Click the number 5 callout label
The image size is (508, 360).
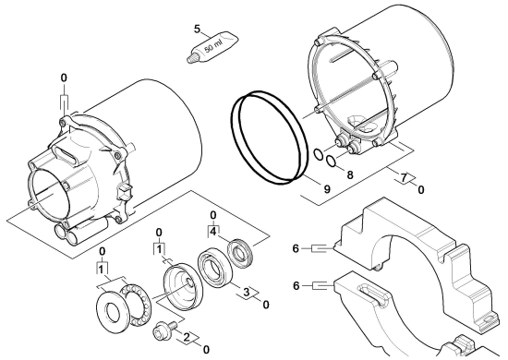(198, 29)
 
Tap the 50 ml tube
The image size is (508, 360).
(212, 47)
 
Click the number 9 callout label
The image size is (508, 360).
(327, 188)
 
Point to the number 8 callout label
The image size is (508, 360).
(350, 174)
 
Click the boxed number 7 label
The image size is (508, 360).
(404, 178)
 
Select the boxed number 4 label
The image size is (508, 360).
(212, 231)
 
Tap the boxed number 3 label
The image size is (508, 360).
(247, 293)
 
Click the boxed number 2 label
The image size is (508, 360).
(187, 337)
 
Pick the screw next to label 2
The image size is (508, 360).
(163, 330)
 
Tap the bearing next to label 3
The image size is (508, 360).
(214, 267)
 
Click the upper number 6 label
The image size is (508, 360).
(296, 248)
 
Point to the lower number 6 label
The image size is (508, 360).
(296, 286)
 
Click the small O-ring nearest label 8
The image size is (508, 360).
(331, 161)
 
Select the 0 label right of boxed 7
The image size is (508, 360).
(421, 190)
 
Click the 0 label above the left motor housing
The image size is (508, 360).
(64, 78)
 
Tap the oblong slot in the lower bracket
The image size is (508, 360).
(372, 294)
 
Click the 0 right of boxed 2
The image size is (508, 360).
(206, 350)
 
